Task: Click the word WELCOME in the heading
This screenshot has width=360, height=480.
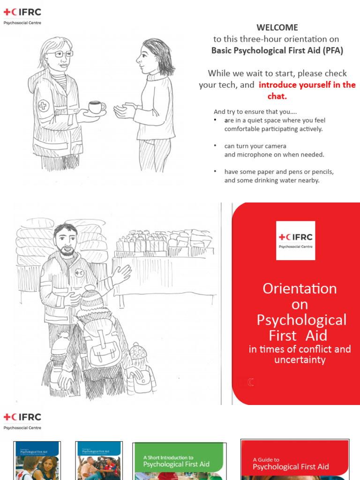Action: point(277,28)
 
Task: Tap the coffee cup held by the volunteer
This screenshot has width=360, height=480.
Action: point(97,107)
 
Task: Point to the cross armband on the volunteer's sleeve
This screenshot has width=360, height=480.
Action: point(43,105)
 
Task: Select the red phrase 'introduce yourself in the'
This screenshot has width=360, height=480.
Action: point(307,85)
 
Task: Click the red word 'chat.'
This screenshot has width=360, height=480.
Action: point(277,97)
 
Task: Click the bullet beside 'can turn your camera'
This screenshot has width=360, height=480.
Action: point(214,146)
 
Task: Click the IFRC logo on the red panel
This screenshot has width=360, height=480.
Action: point(295,240)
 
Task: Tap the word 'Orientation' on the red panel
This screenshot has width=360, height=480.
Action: point(300,288)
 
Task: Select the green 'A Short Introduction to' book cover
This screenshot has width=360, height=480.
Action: point(178,461)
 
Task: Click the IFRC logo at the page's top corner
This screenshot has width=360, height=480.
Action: point(22,12)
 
